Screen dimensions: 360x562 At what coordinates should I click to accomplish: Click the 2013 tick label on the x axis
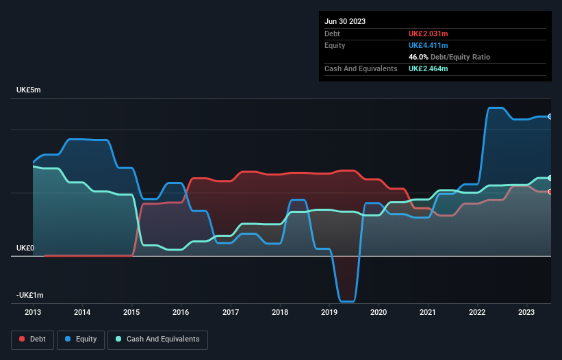(33, 312)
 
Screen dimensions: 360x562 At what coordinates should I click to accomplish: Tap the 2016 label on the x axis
(181, 312)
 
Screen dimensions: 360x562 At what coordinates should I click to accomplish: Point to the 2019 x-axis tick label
(329, 312)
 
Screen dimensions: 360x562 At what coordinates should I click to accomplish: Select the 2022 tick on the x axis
(478, 312)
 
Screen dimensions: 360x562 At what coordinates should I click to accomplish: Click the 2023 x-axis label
(527, 312)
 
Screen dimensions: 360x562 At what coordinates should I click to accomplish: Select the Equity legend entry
(81, 339)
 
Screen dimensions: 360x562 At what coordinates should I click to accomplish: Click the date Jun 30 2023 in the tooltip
(345, 21)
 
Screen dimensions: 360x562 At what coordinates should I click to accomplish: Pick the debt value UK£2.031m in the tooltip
(428, 34)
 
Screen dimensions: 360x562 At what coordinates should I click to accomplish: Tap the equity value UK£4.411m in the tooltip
(428, 45)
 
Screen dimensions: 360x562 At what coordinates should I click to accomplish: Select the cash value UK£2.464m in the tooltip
(428, 68)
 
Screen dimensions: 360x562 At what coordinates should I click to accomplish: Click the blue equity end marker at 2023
(550, 117)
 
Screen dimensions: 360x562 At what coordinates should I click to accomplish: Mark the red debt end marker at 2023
(550, 192)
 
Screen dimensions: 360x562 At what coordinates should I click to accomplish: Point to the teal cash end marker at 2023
(550, 178)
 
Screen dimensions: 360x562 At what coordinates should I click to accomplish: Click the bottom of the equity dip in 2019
(347, 301)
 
